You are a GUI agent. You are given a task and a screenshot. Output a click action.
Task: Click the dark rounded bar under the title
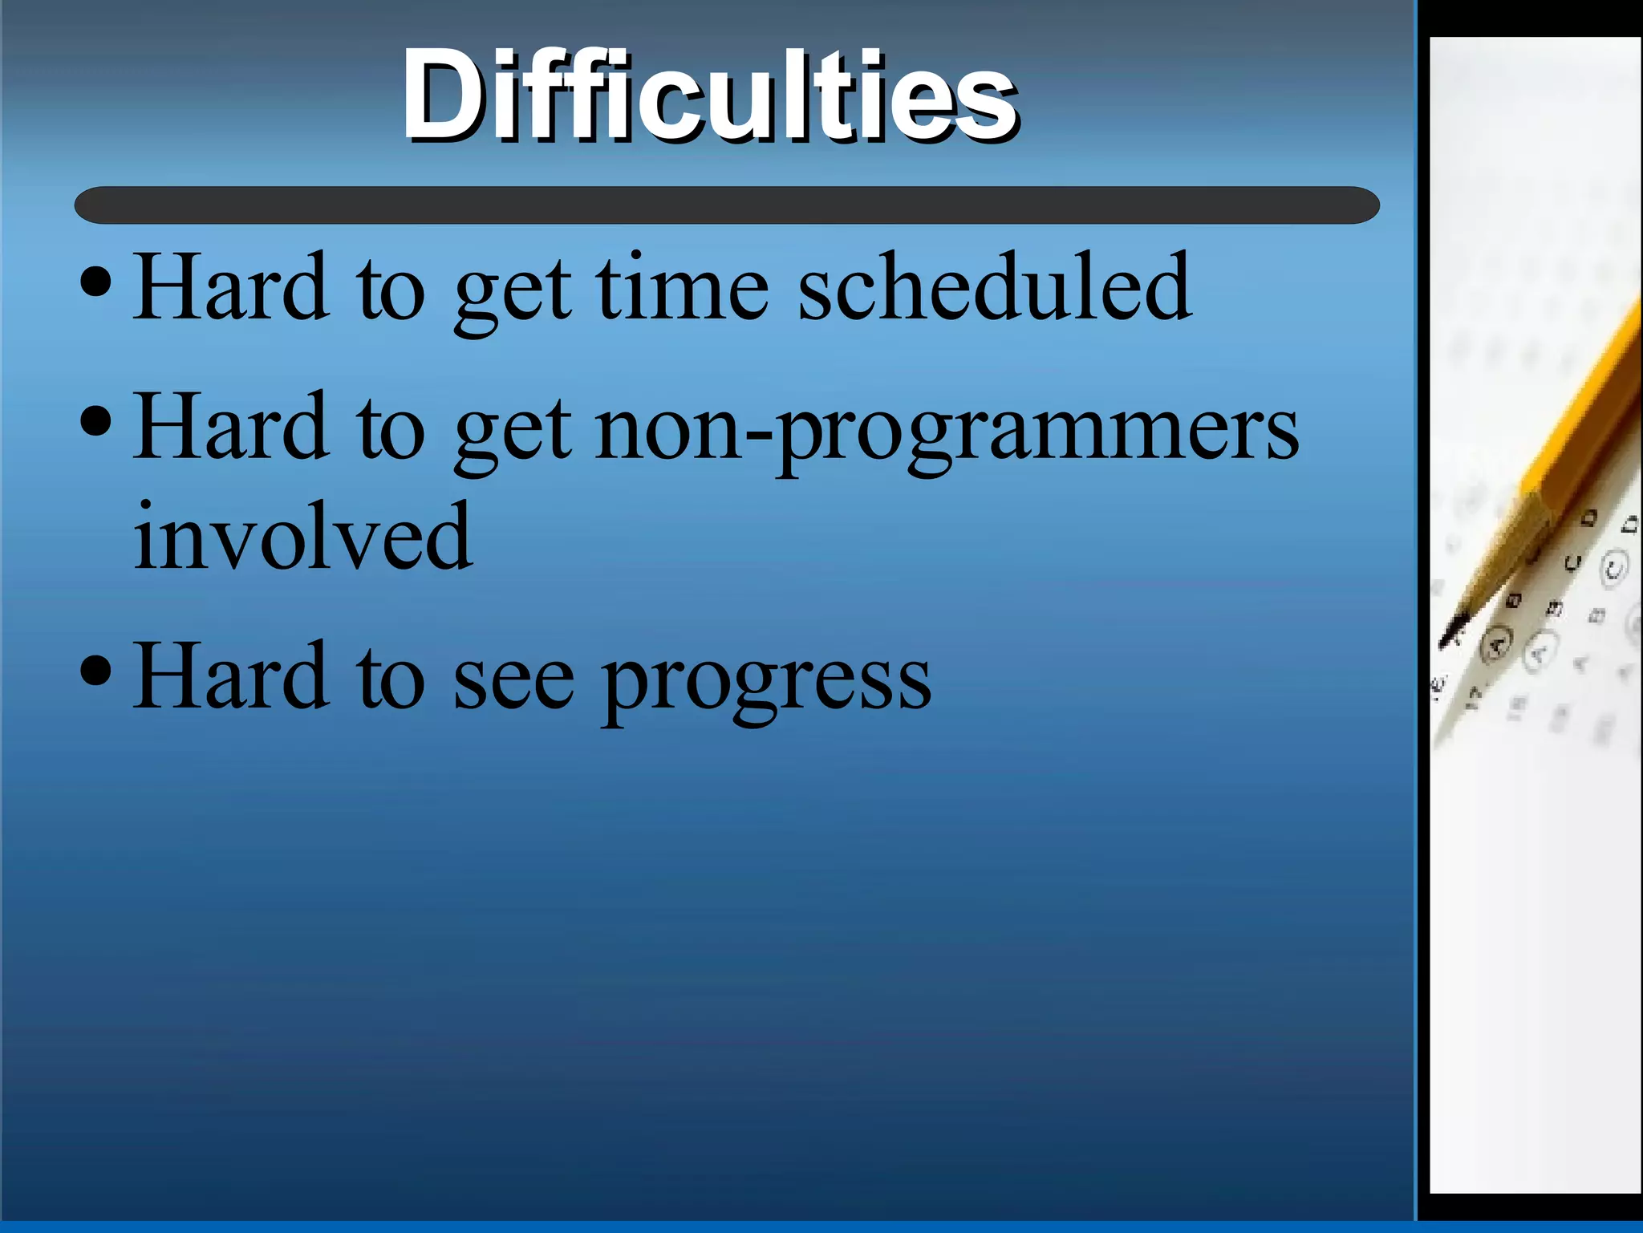coord(726,205)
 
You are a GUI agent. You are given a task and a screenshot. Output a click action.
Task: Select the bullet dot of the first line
coord(96,282)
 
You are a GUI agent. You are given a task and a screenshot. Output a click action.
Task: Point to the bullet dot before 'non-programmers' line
coord(96,421)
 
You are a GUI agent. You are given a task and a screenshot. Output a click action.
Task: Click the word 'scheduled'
coord(995,287)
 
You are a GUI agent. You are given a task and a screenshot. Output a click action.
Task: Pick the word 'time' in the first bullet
coord(683,287)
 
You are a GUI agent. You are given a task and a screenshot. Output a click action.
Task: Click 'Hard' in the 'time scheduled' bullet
coord(231,287)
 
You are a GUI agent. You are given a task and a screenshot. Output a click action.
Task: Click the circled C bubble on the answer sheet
coord(1613,568)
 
